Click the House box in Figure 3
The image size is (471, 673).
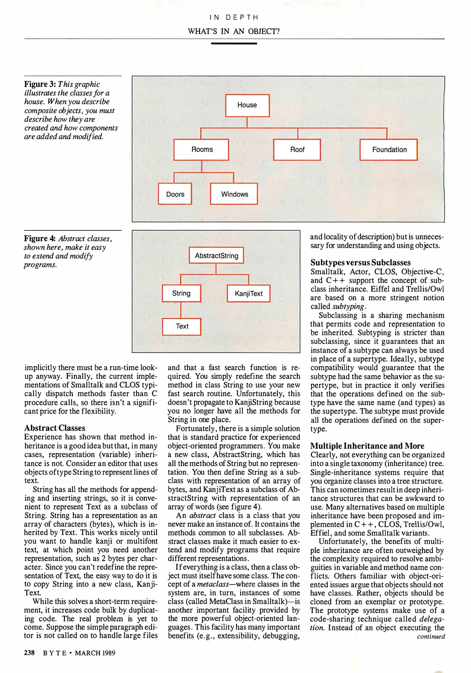pyautogui.click(x=247, y=105)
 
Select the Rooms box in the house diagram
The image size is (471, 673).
pyautogui.click(x=201, y=150)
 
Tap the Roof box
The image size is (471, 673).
pyautogui.click(x=297, y=150)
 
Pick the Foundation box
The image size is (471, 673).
pyautogui.click(x=389, y=150)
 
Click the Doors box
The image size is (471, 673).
pyautogui.click(x=175, y=194)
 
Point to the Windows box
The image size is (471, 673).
pyautogui.click(x=234, y=194)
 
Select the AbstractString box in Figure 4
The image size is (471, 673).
pyautogui.click(x=216, y=255)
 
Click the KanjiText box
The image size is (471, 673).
pyautogui.click(x=249, y=294)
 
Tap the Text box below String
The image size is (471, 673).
pyautogui.click(x=182, y=327)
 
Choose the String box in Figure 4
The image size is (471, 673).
pyautogui.click(x=182, y=293)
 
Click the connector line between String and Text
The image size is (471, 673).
pyautogui.click(x=181, y=310)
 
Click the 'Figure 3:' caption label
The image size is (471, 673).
pyautogui.click(x=40, y=84)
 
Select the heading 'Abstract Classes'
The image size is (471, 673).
pyautogui.click(x=55, y=428)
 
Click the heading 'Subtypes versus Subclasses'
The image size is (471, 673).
pyautogui.click(x=360, y=263)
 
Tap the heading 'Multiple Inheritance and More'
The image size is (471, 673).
pyautogui.click(x=367, y=446)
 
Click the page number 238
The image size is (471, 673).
pyautogui.click(x=29, y=652)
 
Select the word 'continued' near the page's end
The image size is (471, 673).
pyautogui.click(x=431, y=637)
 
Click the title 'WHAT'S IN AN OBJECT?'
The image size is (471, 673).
pyautogui.click(x=234, y=31)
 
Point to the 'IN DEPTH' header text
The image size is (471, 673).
pyautogui.click(x=234, y=17)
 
